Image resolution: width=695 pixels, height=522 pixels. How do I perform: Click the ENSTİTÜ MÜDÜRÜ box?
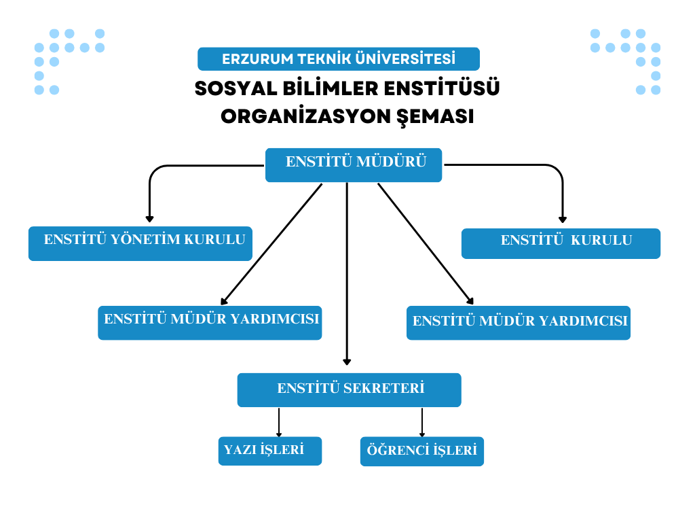pos(354,165)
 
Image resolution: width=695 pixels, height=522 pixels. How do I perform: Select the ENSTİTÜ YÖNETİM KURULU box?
pos(140,243)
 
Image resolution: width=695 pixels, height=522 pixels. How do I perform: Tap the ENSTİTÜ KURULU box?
pos(561,243)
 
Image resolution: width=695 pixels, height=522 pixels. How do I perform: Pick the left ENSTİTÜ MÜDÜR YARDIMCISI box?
pos(210,323)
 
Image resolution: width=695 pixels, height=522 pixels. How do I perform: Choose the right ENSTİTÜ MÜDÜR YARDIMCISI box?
pos(519,323)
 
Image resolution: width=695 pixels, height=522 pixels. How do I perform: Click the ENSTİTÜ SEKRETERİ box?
pos(349,390)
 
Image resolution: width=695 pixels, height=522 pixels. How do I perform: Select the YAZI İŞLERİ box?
pos(269,451)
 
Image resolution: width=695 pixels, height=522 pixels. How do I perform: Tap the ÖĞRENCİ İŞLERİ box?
pos(421,451)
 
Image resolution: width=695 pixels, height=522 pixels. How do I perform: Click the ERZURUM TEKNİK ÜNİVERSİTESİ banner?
pos(339,59)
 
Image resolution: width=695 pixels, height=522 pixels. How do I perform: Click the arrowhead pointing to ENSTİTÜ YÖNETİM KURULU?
pos(149,219)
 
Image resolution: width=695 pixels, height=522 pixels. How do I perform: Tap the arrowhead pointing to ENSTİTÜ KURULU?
pos(562,219)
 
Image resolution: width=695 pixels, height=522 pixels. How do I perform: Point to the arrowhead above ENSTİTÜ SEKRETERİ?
pos(347,362)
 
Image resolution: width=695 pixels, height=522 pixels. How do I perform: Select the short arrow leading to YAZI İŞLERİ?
pos(278,423)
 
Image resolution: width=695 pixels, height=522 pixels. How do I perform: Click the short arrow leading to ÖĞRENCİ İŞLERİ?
pos(422,423)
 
